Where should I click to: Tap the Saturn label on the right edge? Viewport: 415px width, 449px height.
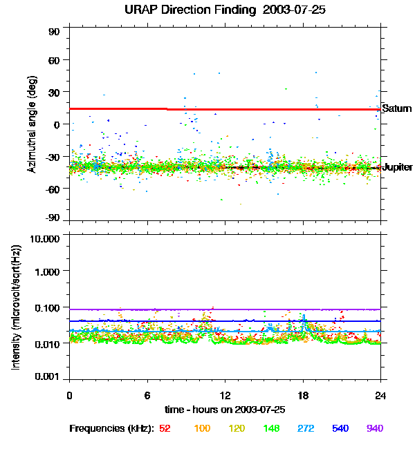(x=397, y=109)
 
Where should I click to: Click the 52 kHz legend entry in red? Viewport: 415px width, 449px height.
(x=165, y=428)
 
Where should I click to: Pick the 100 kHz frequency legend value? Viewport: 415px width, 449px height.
(x=202, y=428)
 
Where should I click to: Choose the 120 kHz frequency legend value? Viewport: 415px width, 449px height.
(x=237, y=428)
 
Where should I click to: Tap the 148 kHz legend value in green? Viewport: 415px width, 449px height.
(x=271, y=428)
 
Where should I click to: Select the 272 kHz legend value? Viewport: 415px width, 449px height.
(x=306, y=428)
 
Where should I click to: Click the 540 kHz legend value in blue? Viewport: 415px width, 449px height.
(x=340, y=428)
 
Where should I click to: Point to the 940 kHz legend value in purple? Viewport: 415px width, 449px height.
(x=375, y=428)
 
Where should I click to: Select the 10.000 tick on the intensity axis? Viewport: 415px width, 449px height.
(x=45, y=238)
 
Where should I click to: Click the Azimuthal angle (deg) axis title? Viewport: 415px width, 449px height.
(x=32, y=124)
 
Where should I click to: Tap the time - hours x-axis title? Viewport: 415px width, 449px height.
(x=225, y=409)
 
